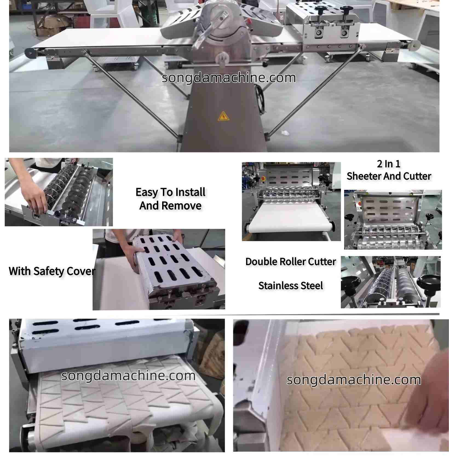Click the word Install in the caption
[190, 192]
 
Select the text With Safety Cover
[52, 271]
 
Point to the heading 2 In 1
[388, 164]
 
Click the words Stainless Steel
[290, 285]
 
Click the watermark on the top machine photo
[229, 78]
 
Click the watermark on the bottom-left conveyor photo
[128, 375]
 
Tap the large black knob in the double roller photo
[430, 282]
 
